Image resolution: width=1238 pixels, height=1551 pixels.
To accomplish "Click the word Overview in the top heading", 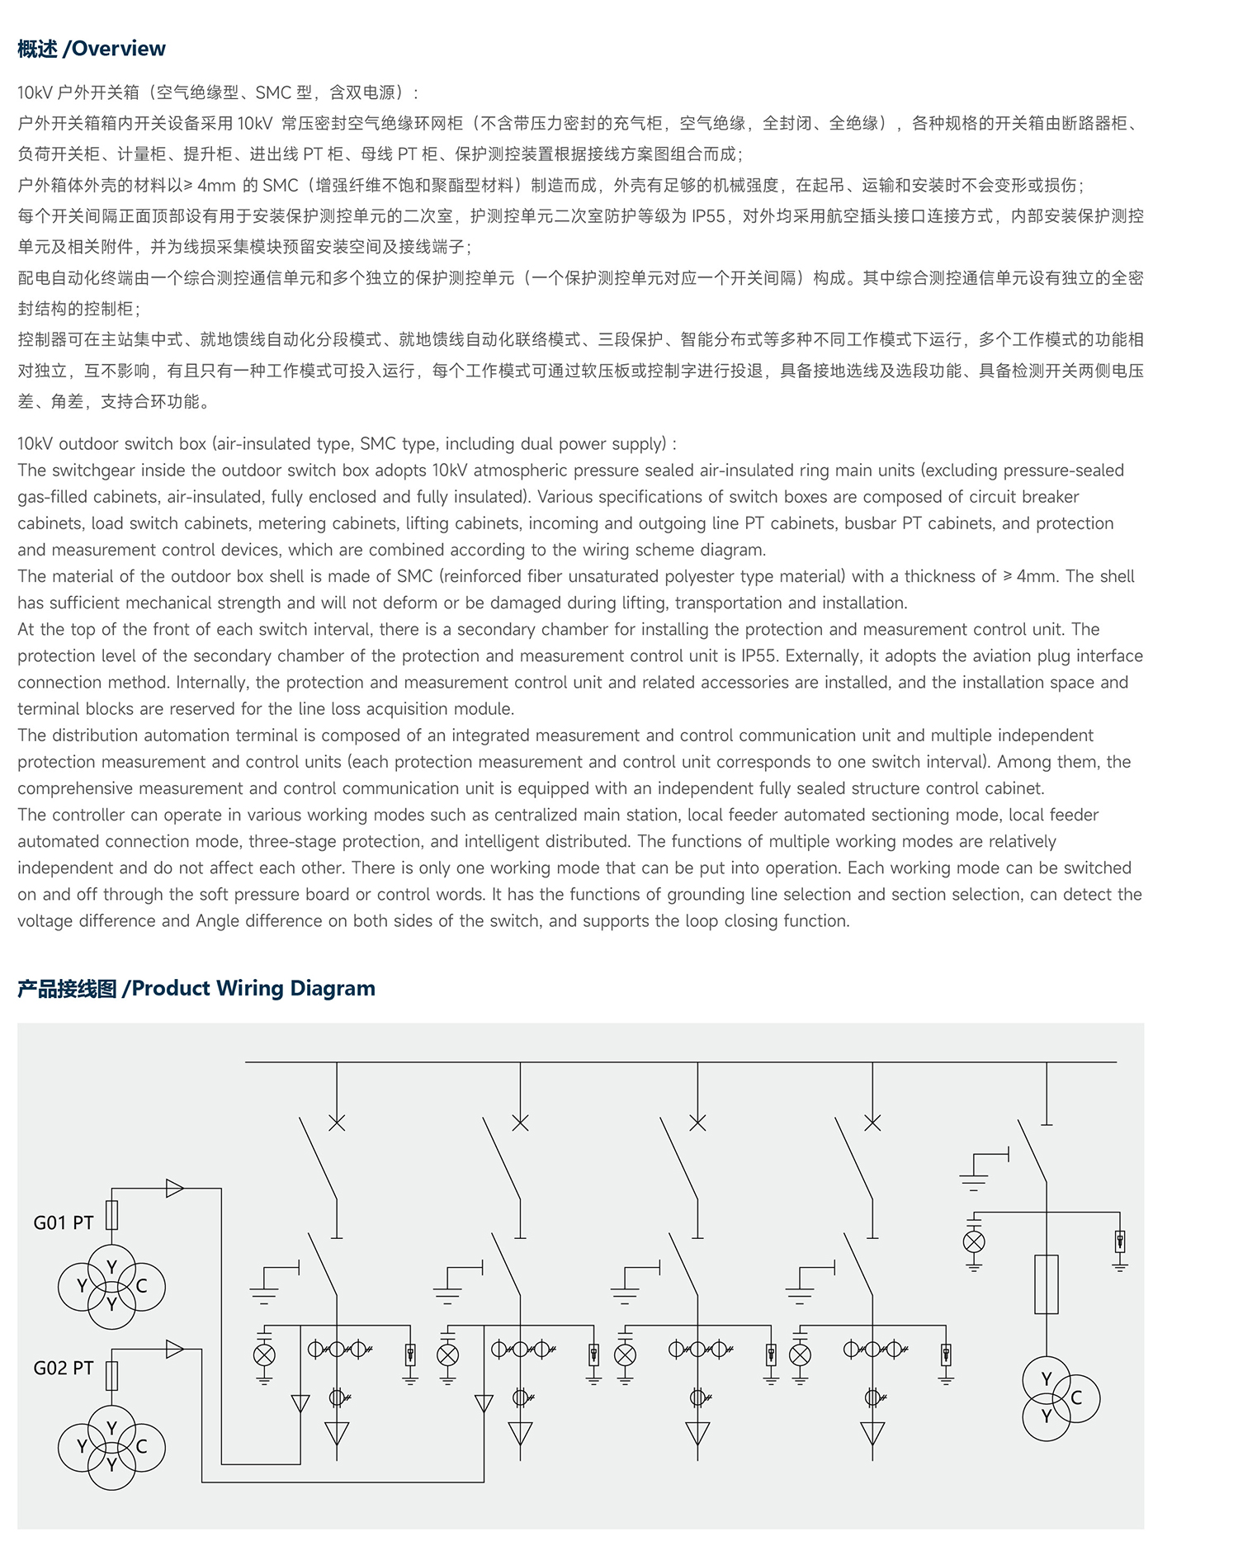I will pos(119,49).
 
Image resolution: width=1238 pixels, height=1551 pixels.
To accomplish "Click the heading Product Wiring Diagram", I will pos(253,988).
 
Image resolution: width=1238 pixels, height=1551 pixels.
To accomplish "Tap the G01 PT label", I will pos(64,1222).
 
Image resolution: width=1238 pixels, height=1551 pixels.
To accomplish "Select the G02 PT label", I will pos(64,1368).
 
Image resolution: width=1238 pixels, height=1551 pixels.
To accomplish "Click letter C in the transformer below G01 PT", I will pos(141,1286).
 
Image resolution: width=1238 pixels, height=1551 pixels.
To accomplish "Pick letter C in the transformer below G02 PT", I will pos(141,1446).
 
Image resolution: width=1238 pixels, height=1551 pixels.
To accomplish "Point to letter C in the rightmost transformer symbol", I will pos(1076,1397).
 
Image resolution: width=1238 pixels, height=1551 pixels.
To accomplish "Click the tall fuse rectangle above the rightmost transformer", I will pos(1047,1284).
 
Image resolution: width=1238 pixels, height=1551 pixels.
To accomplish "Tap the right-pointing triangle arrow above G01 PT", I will pos(174,1189).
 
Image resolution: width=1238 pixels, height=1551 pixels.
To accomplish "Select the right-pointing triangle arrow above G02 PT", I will pos(174,1349).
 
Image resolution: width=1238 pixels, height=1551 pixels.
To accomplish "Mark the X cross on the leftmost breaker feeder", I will pos(337,1123).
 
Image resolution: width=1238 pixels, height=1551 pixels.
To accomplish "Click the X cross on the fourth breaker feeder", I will pos(872,1123).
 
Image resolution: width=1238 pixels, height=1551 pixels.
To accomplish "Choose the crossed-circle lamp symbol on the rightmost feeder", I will pos(974,1241).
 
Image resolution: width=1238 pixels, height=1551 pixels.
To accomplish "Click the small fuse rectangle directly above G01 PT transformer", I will pos(112,1215).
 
